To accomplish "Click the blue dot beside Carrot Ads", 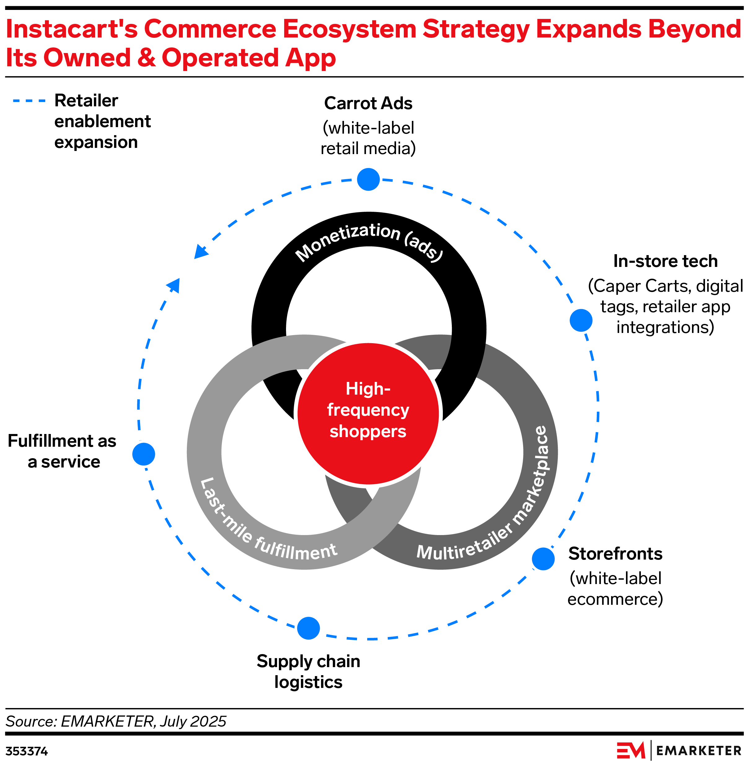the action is [368, 179].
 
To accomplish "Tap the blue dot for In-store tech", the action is [581, 320].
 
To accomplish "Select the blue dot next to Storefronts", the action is [543, 559].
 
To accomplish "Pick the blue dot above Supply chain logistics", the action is [308, 628].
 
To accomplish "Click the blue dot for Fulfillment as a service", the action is [143, 454].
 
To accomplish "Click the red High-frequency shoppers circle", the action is [368, 414].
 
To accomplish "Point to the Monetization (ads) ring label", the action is [369, 241].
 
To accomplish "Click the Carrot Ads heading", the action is [368, 104].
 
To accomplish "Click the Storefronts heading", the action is [615, 554].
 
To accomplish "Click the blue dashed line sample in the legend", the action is [29, 101].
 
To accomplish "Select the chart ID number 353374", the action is [27, 751].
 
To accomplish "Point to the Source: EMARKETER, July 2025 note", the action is [116, 721].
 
